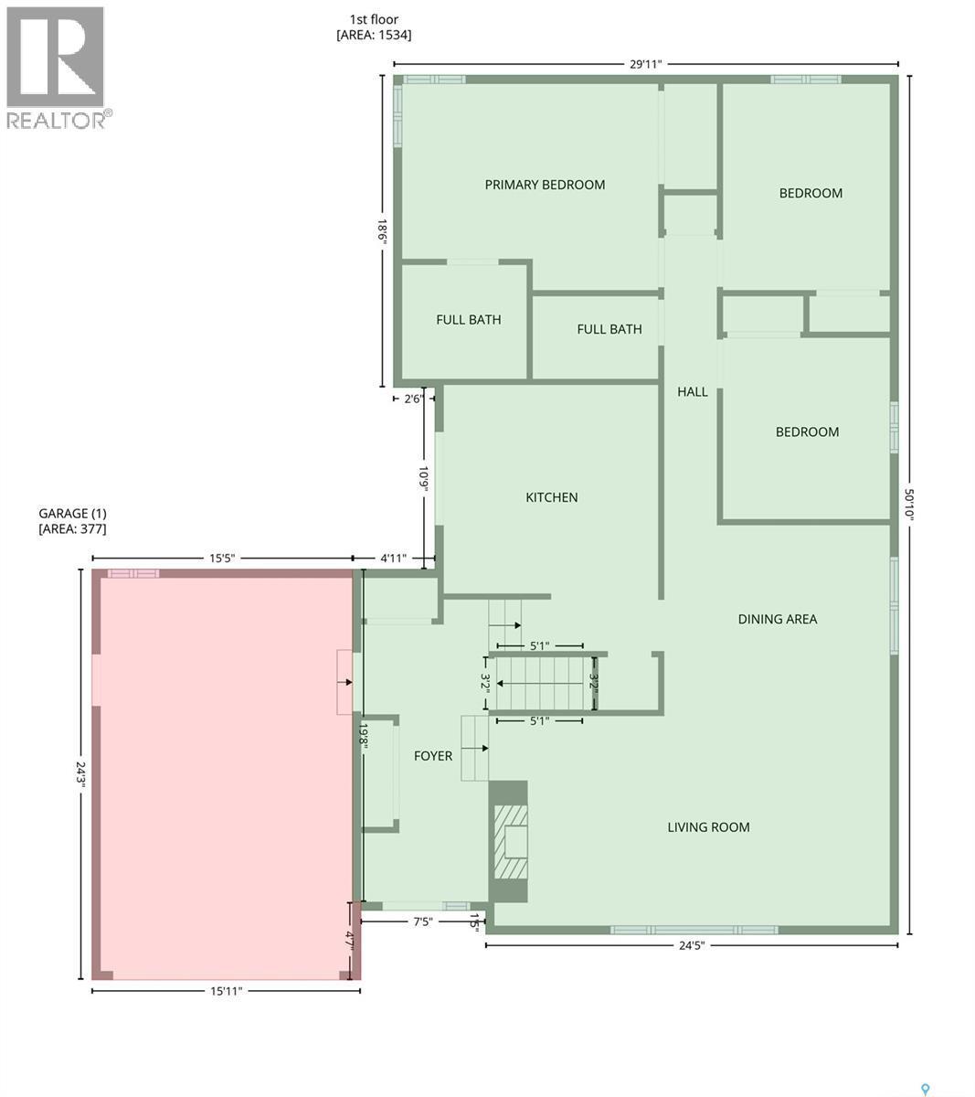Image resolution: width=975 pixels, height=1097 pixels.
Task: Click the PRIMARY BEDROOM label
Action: [x=545, y=185]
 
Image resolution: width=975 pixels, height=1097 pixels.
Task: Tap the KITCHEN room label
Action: [x=551, y=497]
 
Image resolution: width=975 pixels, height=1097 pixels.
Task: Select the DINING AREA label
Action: [x=777, y=619]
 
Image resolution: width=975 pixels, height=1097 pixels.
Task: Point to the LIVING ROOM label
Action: [x=708, y=827]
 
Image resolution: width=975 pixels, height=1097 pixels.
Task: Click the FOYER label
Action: [x=433, y=755]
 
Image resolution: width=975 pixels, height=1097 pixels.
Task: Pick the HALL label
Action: [x=692, y=391]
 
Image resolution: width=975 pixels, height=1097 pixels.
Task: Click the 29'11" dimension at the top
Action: [x=645, y=64]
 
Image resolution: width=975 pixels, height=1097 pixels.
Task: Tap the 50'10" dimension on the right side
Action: [x=909, y=504]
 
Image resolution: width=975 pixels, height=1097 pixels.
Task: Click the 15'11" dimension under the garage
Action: [x=225, y=991]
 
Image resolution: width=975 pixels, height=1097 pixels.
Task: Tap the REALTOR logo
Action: [x=58, y=69]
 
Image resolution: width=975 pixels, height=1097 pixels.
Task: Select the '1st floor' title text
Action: [x=373, y=19]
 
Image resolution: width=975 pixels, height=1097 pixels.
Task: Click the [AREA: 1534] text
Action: [x=374, y=36]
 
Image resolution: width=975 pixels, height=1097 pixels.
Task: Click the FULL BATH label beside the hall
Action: [x=609, y=329]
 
